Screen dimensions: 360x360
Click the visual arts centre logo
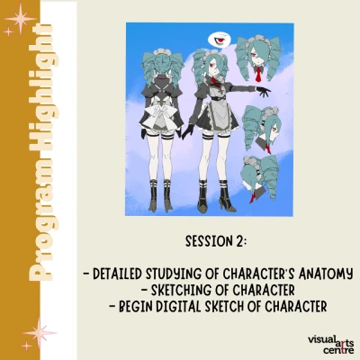331,345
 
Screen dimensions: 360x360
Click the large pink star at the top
20,19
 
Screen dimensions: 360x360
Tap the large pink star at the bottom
40,332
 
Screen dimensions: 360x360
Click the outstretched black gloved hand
264,91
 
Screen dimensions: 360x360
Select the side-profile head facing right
263,129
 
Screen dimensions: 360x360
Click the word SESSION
208,241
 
